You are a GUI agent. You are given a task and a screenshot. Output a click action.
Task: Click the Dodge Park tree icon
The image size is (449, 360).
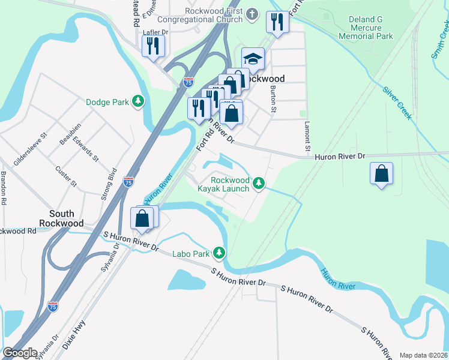pos(139,101)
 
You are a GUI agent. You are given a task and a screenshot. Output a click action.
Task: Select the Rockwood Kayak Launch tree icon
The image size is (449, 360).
pos(259,183)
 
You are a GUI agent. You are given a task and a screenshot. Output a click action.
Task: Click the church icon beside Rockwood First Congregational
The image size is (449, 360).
pos(253,13)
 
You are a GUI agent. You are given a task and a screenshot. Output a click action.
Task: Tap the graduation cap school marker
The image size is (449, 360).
pos(253,59)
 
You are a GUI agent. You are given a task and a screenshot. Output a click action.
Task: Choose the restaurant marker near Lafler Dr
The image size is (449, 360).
pos(153,46)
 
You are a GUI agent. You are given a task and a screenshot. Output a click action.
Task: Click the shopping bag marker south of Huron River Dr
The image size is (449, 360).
pos(381,174)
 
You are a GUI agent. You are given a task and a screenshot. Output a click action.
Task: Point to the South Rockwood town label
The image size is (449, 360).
pos(62,218)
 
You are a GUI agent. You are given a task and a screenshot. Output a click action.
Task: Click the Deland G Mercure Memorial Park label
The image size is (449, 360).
pos(365,28)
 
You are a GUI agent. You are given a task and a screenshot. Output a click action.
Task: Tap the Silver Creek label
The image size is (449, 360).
pos(397,102)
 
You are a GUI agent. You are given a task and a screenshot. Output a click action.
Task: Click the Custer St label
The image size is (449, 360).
pos(66,176)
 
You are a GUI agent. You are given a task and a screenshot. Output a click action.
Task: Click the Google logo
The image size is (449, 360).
pos(19,353)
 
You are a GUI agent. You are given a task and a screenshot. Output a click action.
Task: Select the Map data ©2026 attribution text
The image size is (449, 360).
pos(423,355)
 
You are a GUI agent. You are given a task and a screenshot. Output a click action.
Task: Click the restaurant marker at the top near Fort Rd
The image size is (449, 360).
pos(277,23)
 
